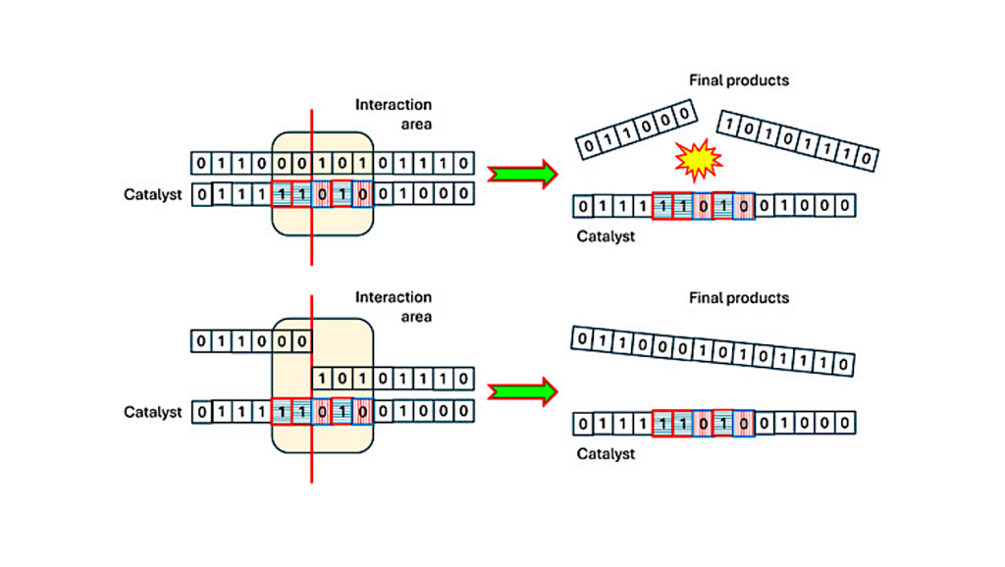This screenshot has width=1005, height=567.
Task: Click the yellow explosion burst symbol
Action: [700, 160]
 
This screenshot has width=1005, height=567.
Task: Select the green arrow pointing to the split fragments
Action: [522, 175]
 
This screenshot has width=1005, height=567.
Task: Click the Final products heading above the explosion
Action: [737, 80]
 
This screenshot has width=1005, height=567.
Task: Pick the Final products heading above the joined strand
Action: [737, 297]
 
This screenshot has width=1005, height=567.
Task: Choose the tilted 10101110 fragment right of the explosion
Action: [797, 140]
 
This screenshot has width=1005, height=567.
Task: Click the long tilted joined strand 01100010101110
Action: [712, 351]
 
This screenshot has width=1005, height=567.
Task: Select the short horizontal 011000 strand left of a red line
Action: [251, 341]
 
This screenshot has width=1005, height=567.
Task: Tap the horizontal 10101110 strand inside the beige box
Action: [394, 379]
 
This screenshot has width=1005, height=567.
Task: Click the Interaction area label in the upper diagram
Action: [394, 114]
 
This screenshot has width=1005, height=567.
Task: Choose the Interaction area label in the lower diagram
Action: [394, 306]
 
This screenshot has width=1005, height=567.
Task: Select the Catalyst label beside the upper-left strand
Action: [153, 194]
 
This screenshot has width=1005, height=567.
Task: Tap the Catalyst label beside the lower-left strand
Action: [153, 412]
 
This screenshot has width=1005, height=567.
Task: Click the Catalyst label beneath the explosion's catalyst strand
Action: [606, 236]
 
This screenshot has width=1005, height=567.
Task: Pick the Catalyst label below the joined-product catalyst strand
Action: [606, 454]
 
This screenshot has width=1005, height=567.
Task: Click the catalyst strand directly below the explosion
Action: [714, 207]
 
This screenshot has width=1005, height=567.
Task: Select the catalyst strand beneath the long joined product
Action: [714, 424]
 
